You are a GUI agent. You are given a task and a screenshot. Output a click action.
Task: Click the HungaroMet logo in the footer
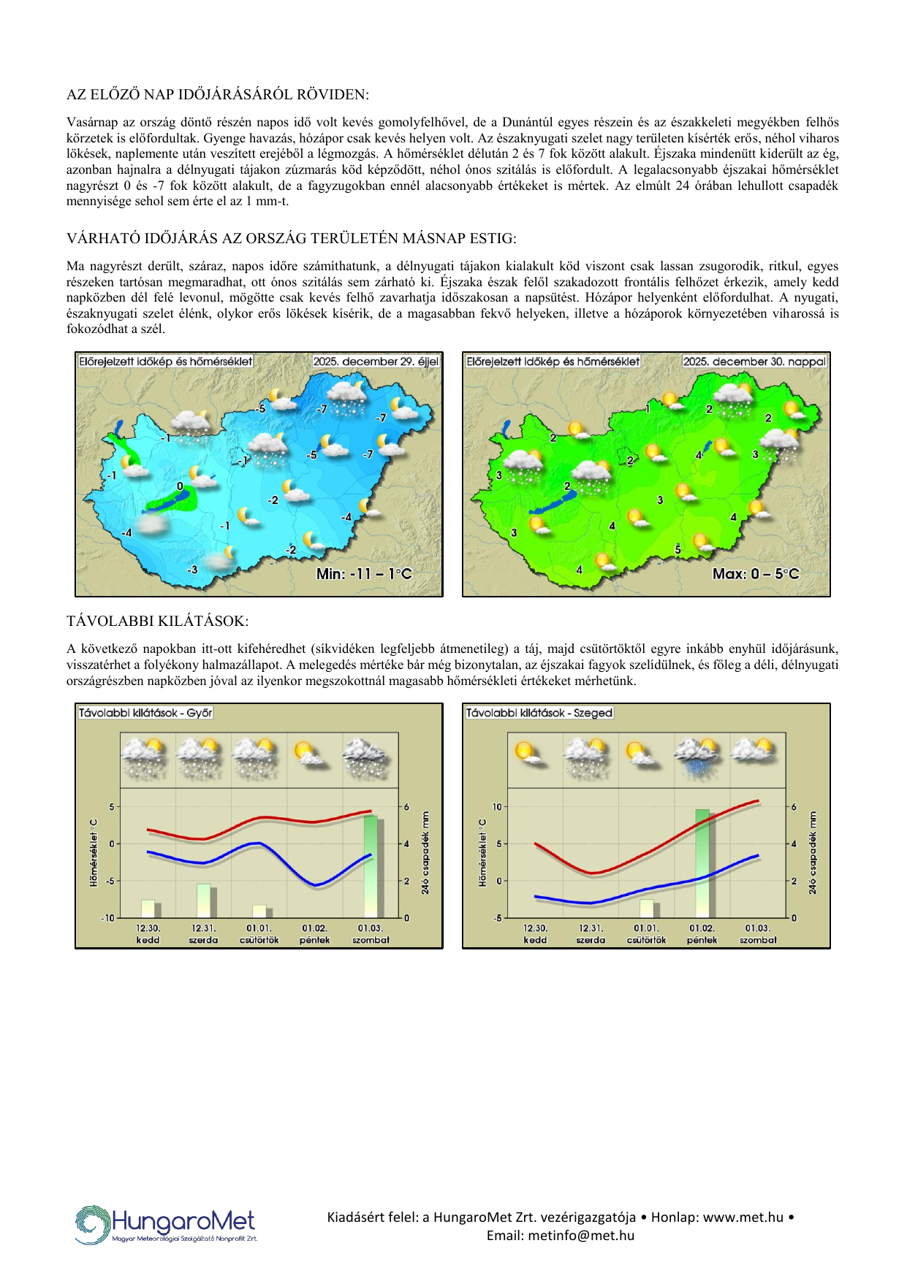(166, 1225)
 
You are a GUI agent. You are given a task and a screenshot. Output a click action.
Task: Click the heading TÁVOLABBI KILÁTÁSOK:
(157, 622)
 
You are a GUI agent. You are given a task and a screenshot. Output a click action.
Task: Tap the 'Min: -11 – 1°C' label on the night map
(364, 574)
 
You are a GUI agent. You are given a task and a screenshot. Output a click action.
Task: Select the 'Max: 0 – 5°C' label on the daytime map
(756, 574)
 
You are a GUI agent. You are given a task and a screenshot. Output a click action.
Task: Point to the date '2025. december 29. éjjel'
(376, 362)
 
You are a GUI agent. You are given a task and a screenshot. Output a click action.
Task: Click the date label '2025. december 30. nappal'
(754, 362)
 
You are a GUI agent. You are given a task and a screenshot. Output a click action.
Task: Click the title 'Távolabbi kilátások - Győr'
(145, 713)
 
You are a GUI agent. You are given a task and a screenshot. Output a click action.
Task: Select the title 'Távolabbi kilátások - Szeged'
(539, 713)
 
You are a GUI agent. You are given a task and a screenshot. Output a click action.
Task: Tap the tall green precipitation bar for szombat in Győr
(371, 866)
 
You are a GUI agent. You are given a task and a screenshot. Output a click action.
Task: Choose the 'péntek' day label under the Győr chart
(315, 941)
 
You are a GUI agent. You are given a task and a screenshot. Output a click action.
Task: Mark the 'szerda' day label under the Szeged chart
(591, 941)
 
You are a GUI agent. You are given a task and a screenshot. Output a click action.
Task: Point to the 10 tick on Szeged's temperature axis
(498, 807)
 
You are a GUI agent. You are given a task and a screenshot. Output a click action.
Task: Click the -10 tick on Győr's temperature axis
(108, 918)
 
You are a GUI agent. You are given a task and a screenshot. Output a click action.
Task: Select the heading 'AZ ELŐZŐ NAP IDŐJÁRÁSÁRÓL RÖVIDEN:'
(218, 95)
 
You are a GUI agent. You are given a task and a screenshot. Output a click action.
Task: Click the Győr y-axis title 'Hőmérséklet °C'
(94, 852)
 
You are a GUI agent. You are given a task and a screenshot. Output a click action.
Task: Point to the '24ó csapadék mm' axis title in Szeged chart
(812, 852)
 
